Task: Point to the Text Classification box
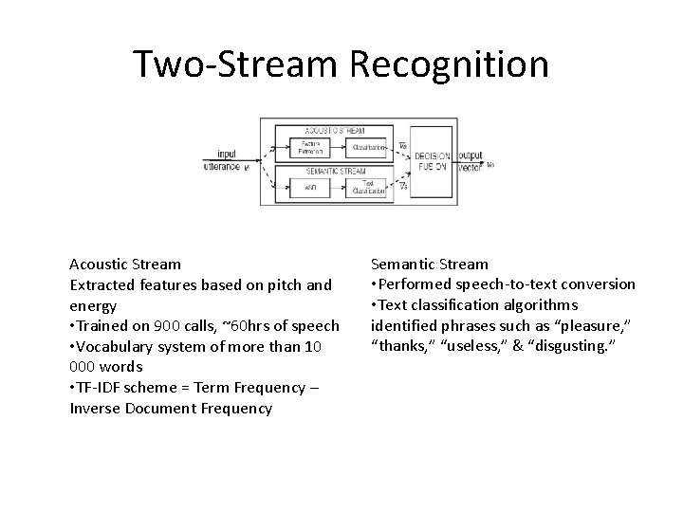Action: click(368, 187)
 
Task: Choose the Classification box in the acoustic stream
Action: click(368, 147)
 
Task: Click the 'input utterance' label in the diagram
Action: click(225, 160)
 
